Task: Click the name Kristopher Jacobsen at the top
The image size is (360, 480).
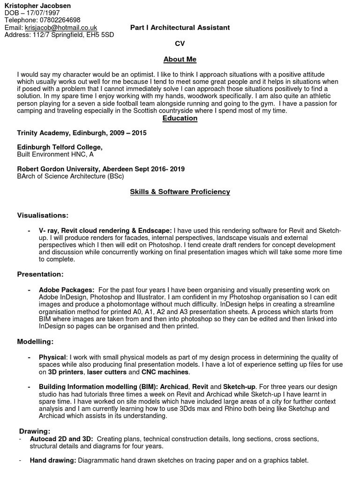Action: coord(37,6)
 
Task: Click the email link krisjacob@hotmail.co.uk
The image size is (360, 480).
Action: coord(61,28)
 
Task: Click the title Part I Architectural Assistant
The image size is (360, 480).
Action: coord(180,28)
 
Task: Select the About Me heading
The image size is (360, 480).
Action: coord(180,60)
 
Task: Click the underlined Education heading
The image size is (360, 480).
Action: coord(180,118)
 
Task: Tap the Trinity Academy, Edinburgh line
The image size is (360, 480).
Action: coord(82,133)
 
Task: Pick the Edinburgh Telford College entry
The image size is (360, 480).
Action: coord(60,147)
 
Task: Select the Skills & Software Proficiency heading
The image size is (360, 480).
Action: coord(180,192)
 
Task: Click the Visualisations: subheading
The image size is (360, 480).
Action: coord(43,215)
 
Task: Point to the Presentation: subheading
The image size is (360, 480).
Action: coord(40,274)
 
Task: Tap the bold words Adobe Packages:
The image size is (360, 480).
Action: coord(67,290)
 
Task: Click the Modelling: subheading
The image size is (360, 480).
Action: coord(36,341)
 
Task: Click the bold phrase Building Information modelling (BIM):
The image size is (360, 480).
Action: coord(98,387)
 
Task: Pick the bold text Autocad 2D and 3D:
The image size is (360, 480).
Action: coord(61,439)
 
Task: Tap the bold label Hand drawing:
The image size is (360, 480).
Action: coord(53,461)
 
